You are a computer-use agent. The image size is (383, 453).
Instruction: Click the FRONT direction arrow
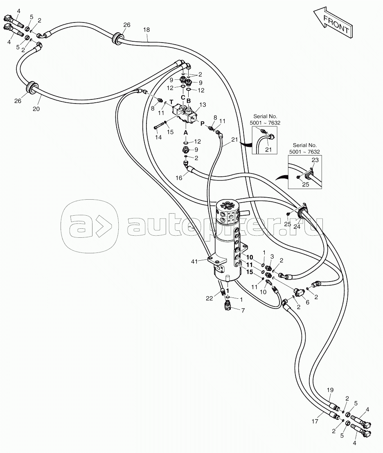click(x=333, y=23)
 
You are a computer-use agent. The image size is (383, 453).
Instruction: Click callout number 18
click(x=146, y=30)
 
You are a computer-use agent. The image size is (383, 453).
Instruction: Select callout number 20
click(x=36, y=109)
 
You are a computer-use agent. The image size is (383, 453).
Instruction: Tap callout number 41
click(x=194, y=261)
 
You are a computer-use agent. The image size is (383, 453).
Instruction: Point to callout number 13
click(x=203, y=105)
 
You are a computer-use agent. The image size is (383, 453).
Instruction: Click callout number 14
click(x=158, y=137)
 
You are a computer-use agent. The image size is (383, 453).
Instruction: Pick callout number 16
click(x=179, y=178)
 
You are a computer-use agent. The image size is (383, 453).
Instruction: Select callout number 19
click(x=330, y=390)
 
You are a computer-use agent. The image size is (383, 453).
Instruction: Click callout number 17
click(x=315, y=421)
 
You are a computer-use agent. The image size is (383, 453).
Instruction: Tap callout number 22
click(x=210, y=298)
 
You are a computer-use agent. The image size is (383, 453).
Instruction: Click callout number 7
click(x=243, y=311)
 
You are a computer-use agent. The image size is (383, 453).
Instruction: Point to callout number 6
click(x=308, y=302)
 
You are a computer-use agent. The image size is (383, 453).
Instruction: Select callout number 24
click(x=297, y=227)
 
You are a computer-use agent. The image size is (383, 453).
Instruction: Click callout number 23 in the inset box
click(x=315, y=160)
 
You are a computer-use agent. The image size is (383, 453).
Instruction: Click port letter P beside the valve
click(x=203, y=123)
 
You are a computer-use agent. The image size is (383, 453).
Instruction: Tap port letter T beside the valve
click(x=171, y=102)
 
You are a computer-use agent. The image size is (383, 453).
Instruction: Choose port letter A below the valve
click(x=186, y=133)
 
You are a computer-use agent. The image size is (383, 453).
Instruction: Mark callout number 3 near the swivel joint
click(x=272, y=257)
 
